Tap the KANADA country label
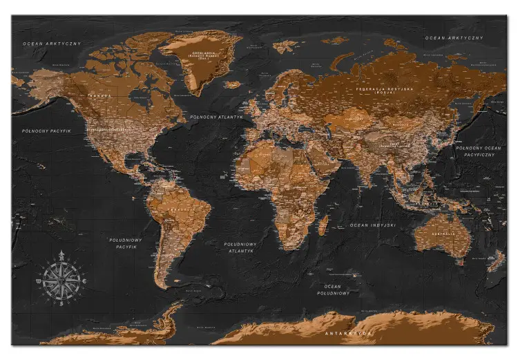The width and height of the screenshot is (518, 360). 100,95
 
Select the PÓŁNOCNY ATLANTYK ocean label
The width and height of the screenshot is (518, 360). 217,117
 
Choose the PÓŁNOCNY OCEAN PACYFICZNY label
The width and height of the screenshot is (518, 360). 478,152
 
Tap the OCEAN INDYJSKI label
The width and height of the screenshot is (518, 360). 372,225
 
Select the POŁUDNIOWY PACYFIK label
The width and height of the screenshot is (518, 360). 126,243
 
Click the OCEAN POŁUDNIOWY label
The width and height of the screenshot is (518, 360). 334,289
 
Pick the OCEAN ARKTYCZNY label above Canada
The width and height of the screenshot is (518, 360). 52,44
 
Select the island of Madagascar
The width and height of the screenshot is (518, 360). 323,224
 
